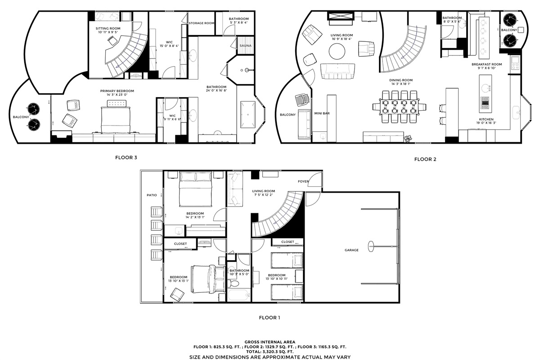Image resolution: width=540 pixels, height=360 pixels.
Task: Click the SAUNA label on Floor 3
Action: (245, 45)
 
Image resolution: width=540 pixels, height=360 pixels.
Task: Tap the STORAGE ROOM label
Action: (201, 23)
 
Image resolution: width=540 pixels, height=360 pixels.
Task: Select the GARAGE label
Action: (351, 250)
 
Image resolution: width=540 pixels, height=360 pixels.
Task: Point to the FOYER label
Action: (303, 181)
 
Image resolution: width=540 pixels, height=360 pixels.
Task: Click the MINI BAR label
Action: (322, 113)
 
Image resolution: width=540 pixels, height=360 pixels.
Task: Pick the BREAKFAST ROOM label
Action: (487, 64)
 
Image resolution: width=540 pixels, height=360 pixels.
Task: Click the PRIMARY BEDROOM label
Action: (117, 91)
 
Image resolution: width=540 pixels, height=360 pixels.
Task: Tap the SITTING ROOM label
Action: (108, 28)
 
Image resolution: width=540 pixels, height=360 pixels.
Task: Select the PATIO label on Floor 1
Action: (152, 195)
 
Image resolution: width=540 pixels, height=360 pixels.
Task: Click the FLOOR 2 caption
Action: (425, 159)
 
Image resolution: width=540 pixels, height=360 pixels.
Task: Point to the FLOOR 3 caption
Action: (126, 157)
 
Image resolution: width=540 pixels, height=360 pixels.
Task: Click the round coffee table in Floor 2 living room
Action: (337, 51)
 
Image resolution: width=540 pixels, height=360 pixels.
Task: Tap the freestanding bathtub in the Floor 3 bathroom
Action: (247, 115)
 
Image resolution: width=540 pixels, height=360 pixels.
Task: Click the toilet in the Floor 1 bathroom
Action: (233, 283)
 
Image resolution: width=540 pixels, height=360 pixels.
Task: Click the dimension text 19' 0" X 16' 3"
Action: (486, 123)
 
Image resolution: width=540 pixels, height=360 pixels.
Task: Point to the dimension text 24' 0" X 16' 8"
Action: (216, 90)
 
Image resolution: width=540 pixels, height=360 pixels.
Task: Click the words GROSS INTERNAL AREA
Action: (270, 342)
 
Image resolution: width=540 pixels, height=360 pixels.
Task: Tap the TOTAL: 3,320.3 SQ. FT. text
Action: (270, 352)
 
